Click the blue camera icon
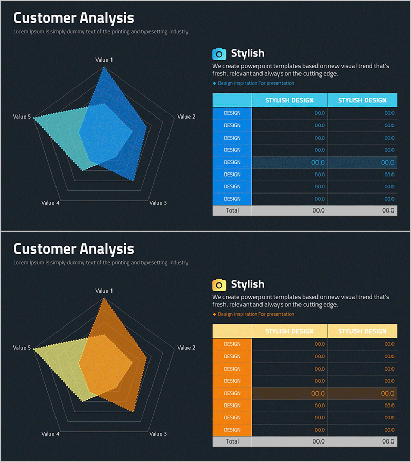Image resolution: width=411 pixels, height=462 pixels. click(219, 54)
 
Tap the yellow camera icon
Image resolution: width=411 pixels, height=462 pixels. click(219, 285)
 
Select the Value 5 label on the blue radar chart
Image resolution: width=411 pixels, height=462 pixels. click(22, 117)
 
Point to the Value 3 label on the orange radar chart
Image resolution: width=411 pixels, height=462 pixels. click(158, 434)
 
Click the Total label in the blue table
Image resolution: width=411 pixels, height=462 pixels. click(232, 210)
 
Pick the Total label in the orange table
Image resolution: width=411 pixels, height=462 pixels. click(232, 441)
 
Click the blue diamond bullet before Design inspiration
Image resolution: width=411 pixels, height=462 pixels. click(214, 83)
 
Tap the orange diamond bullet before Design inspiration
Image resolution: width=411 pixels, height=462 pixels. click(214, 314)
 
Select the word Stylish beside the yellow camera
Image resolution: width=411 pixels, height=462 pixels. click(248, 284)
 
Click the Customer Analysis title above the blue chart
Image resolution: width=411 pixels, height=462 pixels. click(73, 18)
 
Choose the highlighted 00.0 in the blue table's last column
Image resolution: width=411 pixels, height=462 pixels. click(388, 162)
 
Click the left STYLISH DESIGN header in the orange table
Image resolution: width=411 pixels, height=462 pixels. click(289, 331)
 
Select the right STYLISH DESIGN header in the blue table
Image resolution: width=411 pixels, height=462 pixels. click(362, 100)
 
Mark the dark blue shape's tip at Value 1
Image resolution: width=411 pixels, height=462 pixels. click(104, 67)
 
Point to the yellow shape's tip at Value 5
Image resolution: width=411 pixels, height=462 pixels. click(34, 350)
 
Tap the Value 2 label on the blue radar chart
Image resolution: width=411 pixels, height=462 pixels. click(186, 117)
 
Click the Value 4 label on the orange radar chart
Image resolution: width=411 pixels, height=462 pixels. click(50, 434)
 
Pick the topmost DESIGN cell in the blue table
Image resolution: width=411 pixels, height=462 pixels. click(232, 113)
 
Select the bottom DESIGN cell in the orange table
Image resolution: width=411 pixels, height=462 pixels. click(232, 430)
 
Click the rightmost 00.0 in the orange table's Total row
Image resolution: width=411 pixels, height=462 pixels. click(388, 441)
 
